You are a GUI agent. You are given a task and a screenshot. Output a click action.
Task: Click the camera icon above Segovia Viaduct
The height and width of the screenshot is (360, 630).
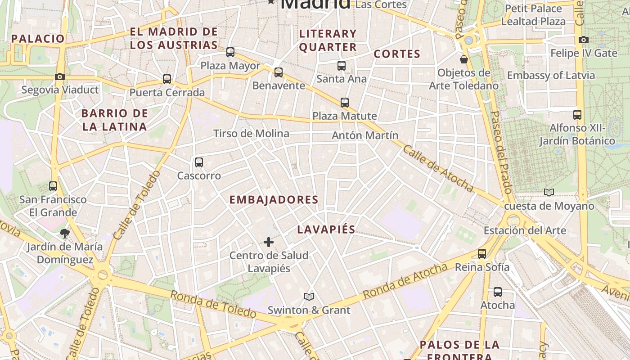click(60, 77)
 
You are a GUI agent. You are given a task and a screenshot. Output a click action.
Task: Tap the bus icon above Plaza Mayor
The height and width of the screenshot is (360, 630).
click(230, 52)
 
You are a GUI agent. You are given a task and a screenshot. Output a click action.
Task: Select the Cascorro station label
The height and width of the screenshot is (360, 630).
click(199, 176)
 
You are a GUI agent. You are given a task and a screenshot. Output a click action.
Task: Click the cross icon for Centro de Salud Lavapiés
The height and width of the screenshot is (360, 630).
click(269, 243)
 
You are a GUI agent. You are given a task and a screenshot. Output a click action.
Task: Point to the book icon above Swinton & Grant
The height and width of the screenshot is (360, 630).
click(309, 297)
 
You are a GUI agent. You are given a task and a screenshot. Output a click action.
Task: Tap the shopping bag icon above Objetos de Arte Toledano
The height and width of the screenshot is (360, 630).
click(464, 59)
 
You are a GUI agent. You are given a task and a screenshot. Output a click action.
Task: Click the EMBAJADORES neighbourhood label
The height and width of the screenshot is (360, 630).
click(274, 200)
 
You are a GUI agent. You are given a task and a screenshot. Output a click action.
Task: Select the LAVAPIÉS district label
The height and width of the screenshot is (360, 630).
click(326, 229)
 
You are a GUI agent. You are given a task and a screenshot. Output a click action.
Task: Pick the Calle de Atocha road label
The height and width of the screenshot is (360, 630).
click(437, 168)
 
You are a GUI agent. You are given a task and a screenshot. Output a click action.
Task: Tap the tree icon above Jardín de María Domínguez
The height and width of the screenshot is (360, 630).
click(65, 233)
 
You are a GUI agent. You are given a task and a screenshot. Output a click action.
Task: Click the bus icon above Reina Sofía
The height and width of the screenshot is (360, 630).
click(482, 254)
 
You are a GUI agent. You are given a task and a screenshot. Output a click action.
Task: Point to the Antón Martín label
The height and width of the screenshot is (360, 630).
click(365, 135)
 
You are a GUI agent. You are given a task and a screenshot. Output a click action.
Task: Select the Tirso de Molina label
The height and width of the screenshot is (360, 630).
click(251, 134)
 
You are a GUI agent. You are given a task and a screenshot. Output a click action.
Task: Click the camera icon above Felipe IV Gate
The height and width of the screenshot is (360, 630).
click(584, 40)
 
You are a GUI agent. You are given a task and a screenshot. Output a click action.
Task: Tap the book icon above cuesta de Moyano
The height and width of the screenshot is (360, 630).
click(549, 193)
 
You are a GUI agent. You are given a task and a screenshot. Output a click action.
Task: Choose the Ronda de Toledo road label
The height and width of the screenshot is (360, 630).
click(213, 305)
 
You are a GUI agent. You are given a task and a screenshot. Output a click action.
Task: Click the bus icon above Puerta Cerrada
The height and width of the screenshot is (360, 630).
click(167, 79)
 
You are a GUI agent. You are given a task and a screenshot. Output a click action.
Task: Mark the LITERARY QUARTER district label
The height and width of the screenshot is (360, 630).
click(328, 40)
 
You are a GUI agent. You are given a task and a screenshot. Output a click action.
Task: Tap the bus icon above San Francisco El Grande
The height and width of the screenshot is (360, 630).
click(53, 186)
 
